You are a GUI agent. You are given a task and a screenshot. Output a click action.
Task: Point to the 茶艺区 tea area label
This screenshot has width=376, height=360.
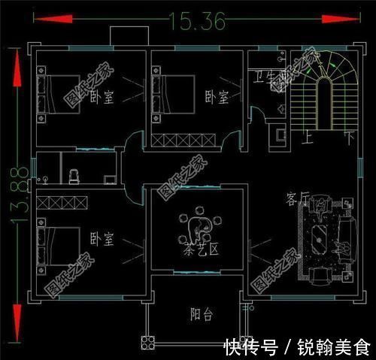click(199, 250)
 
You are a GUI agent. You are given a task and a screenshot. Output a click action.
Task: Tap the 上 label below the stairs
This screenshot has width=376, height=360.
click(308, 140)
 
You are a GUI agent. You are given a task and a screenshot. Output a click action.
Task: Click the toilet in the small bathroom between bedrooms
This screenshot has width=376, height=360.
click(74, 176)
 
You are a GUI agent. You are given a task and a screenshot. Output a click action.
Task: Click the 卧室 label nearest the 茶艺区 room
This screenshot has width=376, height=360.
click(102, 239)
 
